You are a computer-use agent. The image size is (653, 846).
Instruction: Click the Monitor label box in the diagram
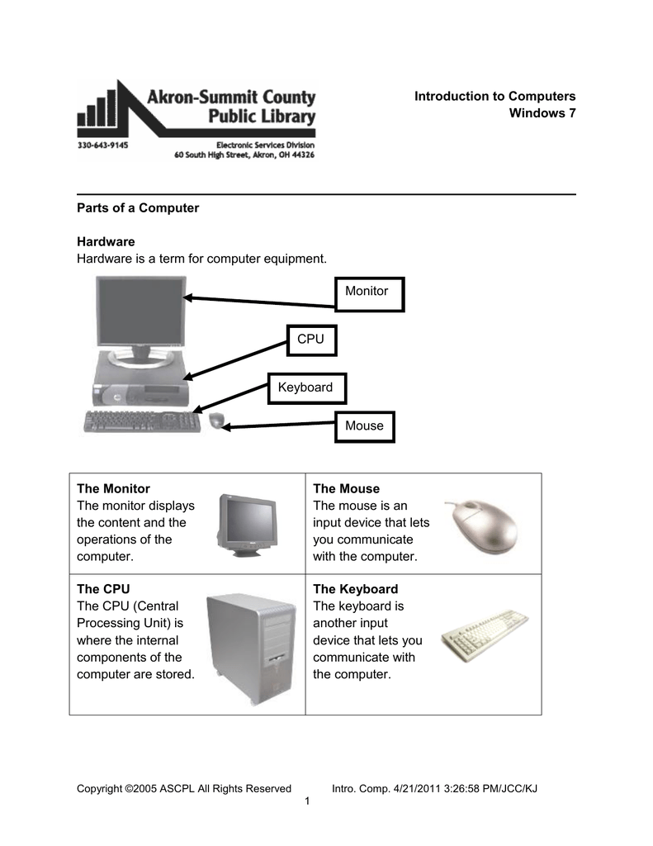[369, 292]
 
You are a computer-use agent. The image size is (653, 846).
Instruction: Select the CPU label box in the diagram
[310, 340]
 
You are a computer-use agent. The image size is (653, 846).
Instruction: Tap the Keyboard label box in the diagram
[305, 387]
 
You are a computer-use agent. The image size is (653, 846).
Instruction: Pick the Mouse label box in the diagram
[364, 425]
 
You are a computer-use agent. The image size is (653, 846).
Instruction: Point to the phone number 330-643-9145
[102, 143]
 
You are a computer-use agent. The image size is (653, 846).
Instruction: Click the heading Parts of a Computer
[138, 208]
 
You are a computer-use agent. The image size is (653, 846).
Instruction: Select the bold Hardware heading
[106, 242]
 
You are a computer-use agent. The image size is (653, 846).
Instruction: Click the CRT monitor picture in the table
[247, 525]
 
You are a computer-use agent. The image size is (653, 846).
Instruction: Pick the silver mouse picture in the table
[483, 525]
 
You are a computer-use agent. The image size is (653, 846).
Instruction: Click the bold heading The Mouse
[346, 488]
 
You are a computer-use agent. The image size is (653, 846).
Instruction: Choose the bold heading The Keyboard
[355, 589]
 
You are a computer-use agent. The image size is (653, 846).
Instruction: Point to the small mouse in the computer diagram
[216, 421]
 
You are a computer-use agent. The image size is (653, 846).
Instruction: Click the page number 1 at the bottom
[307, 802]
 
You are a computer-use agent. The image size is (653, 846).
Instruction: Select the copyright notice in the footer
[183, 788]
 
